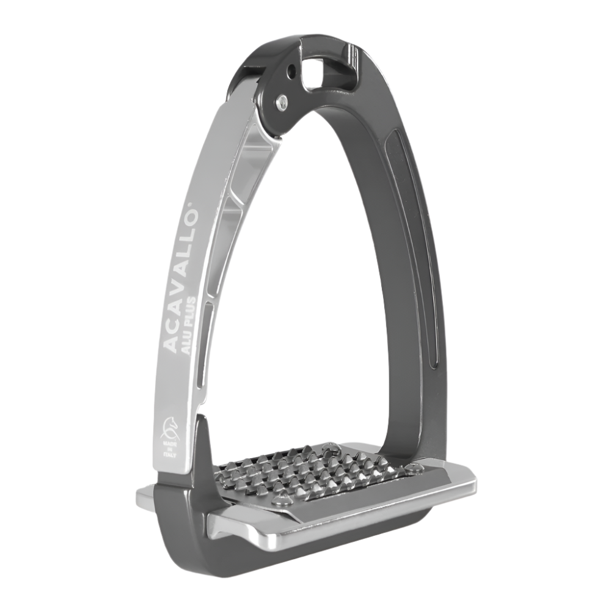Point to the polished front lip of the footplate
(x=342, y=525)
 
